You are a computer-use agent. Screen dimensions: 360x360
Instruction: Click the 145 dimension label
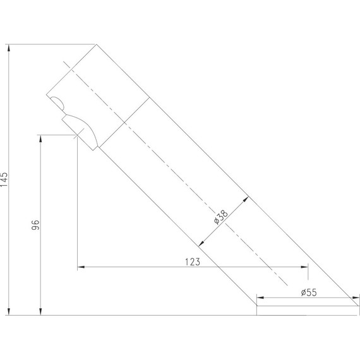[x=4, y=179]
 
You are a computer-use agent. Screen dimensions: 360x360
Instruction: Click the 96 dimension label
[x=35, y=225]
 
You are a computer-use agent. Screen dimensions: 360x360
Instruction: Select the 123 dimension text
[x=193, y=261]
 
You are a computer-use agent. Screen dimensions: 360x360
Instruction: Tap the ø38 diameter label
[x=221, y=217]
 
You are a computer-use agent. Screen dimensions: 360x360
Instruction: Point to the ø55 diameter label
[x=309, y=292]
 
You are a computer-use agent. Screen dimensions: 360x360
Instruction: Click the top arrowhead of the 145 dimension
[x=9, y=48]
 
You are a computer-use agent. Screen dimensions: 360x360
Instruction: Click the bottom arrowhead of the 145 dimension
[x=9, y=311]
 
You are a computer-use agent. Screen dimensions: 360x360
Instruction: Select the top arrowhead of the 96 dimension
[x=40, y=139]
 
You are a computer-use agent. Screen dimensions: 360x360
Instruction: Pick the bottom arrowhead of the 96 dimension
[x=40, y=311]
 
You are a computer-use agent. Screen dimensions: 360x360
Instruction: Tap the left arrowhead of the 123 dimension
[x=81, y=267]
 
